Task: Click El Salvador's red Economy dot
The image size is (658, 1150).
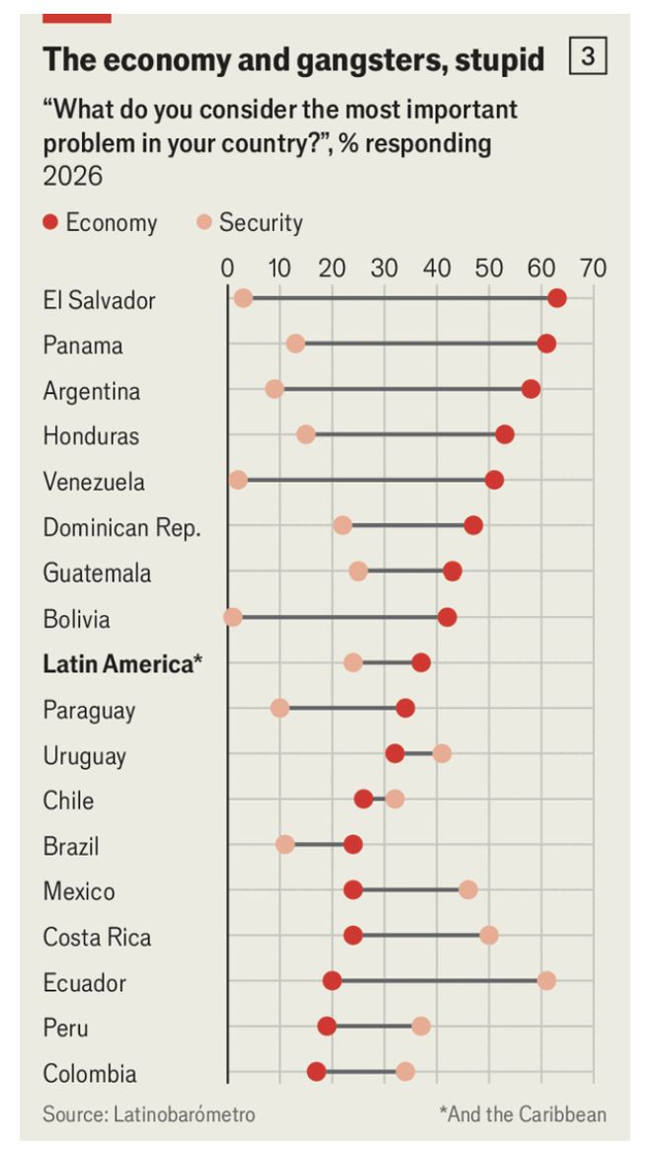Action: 556,298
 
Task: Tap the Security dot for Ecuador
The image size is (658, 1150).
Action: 547,980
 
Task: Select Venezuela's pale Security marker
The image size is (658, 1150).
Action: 238,481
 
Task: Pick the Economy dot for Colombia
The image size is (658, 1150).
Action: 317,1072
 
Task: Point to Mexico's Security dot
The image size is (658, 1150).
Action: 469,890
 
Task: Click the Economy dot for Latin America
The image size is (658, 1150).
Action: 420,663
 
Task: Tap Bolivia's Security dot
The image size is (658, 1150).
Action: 232,618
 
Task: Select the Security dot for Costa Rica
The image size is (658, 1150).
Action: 488,936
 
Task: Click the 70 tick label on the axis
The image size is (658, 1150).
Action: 594,269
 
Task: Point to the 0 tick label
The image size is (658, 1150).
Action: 227,269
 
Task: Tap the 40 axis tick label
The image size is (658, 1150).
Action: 437,269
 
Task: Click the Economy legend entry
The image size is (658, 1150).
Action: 101,222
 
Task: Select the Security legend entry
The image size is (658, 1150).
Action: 250,222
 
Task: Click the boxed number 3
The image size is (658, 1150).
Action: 588,57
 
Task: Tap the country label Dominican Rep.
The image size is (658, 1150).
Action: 121,528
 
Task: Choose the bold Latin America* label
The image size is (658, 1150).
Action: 122,663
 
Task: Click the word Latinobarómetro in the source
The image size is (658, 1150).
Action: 183,1114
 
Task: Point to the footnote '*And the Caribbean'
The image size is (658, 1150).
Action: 523,1114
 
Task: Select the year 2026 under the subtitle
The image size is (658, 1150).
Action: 73,177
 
